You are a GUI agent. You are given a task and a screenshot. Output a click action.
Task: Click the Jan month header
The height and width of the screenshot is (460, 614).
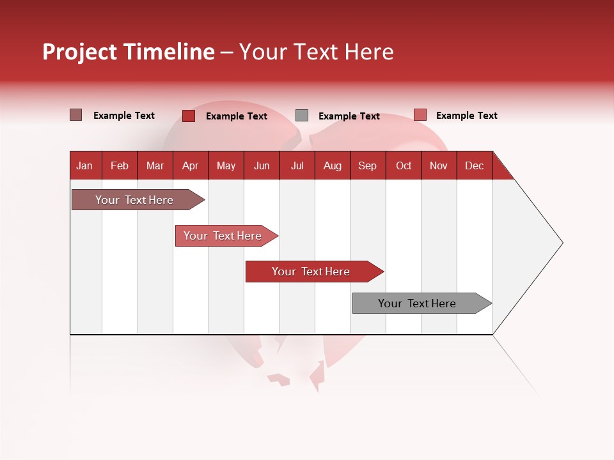click(x=84, y=165)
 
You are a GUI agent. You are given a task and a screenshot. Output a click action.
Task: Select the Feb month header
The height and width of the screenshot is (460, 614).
click(x=120, y=165)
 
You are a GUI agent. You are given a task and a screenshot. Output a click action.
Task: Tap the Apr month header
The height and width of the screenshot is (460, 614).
click(x=191, y=165)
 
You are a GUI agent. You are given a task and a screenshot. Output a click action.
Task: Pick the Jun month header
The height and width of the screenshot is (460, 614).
click(x=262, y=165)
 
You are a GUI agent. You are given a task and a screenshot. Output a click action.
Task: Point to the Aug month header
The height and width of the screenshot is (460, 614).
click(x=333, y=165)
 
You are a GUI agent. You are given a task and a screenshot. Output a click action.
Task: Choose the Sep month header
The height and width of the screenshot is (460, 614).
click(x=368, y=165)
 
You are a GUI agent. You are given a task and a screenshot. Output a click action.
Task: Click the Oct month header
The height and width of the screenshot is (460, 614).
click(x=404, y=165)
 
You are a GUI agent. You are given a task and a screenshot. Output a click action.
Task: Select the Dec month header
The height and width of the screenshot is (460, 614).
click(x=475, y=165)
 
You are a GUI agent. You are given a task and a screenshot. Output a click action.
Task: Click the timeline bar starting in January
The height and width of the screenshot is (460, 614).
click(x=134, y=200)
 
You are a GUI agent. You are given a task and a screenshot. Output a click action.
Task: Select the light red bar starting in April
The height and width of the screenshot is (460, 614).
click(x=223, y=236)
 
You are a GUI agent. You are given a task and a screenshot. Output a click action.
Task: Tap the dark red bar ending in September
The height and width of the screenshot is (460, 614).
click(x=311, y=272)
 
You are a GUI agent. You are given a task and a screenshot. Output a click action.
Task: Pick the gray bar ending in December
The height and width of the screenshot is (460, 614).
click(x=417, y=303)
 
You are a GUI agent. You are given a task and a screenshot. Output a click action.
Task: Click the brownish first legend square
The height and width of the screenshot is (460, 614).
click(x=75, y=115)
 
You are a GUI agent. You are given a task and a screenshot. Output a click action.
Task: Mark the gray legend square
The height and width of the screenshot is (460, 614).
click(x=302, y=116)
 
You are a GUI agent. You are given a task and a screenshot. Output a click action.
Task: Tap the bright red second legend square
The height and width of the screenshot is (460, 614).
click(x=189, y=116)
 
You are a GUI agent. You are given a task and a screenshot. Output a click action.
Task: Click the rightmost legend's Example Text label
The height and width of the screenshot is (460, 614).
click(x=466, y=116)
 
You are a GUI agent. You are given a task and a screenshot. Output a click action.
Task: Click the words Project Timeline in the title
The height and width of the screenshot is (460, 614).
click(x=129, y=52)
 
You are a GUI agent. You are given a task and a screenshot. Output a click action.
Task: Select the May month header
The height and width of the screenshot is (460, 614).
click(x=226, y=165)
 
